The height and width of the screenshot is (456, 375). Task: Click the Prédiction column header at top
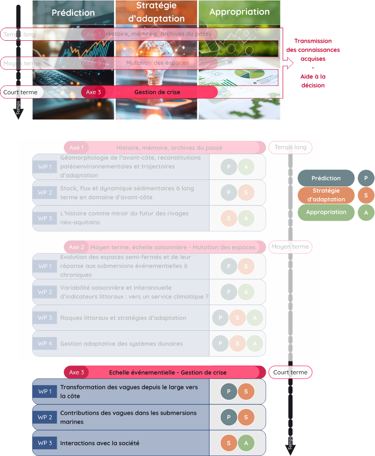click(73, 13)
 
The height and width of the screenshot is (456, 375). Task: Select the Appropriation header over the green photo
click(240, 12)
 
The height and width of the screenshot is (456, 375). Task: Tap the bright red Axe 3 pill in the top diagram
click(93, 92)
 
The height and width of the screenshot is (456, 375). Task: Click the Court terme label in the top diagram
click(20, 92)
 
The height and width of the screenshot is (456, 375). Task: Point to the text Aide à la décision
click(313, 81)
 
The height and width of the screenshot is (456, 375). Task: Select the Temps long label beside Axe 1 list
click(290, 147)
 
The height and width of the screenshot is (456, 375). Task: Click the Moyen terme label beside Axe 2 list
click(290, 247)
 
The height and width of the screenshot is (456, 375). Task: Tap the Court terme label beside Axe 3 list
click(290, 373)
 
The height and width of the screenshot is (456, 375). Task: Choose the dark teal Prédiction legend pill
click(326, 178)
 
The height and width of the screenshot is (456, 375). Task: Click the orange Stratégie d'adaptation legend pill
click(326, 195)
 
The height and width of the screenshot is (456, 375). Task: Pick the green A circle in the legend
click(366, 212)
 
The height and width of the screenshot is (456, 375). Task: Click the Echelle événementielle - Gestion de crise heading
click(167, 373)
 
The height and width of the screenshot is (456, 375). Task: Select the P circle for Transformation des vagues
click(229, 392)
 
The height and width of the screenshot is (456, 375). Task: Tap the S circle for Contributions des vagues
click(246, 417)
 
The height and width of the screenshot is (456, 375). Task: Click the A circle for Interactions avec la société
click(246, 443)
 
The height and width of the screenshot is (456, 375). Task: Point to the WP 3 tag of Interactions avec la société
click(45, 443)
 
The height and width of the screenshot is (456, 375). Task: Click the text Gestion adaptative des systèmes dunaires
click(121, 344)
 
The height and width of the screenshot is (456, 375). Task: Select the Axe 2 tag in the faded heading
click(76, 247)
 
